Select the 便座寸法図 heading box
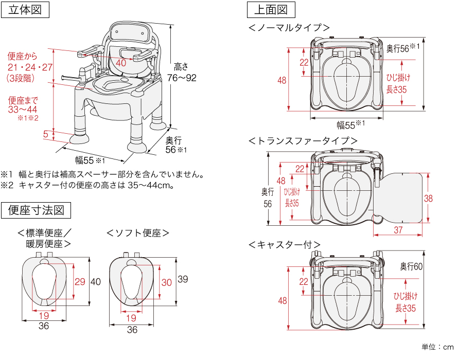[36, 210]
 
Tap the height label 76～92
[182, 78]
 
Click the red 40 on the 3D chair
[121, 63]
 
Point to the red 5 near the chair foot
[46, 134]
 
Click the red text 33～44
[24, 109]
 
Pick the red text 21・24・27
[30, 67]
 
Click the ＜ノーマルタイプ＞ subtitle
[289, 28]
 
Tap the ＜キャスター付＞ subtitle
[284, 244]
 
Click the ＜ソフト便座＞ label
[138, 233]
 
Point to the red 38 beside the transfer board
[428, 199]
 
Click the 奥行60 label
[411, 266]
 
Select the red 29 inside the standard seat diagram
[80, 281]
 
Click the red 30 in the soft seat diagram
[167, 282]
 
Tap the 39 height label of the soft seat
[182, 279]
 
